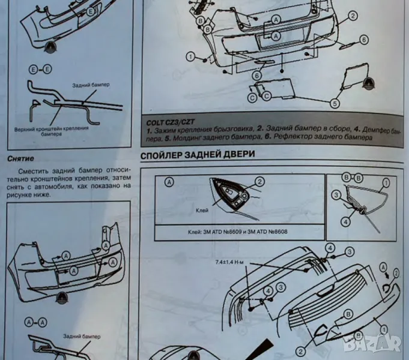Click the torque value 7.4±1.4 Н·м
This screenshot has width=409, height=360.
231,262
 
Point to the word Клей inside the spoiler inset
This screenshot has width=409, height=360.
202,211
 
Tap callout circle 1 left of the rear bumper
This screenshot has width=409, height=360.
190,57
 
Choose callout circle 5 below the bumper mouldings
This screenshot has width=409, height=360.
335,103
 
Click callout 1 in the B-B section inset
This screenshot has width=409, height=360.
386,182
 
